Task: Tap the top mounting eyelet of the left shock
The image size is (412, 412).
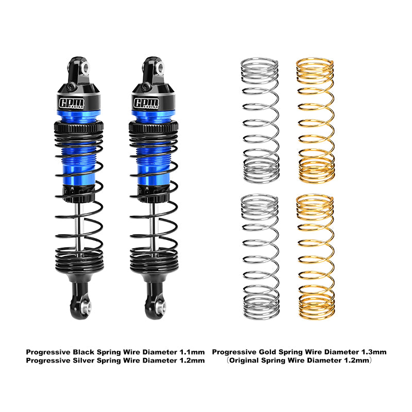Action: click(x=84, y=67)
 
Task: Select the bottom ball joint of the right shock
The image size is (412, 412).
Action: click(x=160, y=308)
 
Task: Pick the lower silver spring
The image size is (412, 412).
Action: click(x=260, y=256)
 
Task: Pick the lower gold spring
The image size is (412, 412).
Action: click(x=315, y=256)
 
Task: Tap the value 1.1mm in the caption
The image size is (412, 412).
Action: click(x=192, y=352)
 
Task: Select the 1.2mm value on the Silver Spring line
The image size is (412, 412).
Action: click(x=192, y=360)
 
